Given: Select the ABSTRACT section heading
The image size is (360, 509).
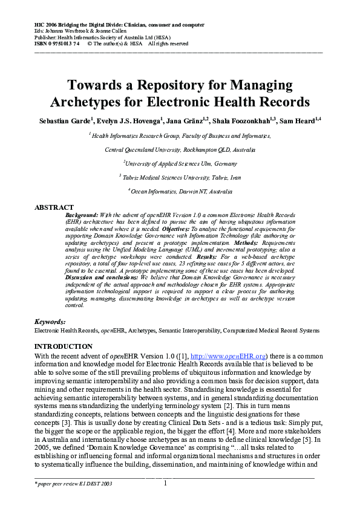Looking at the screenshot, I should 54,207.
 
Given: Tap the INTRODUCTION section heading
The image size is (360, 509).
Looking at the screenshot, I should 64,346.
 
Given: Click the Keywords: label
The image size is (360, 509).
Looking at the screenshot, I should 50,322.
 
